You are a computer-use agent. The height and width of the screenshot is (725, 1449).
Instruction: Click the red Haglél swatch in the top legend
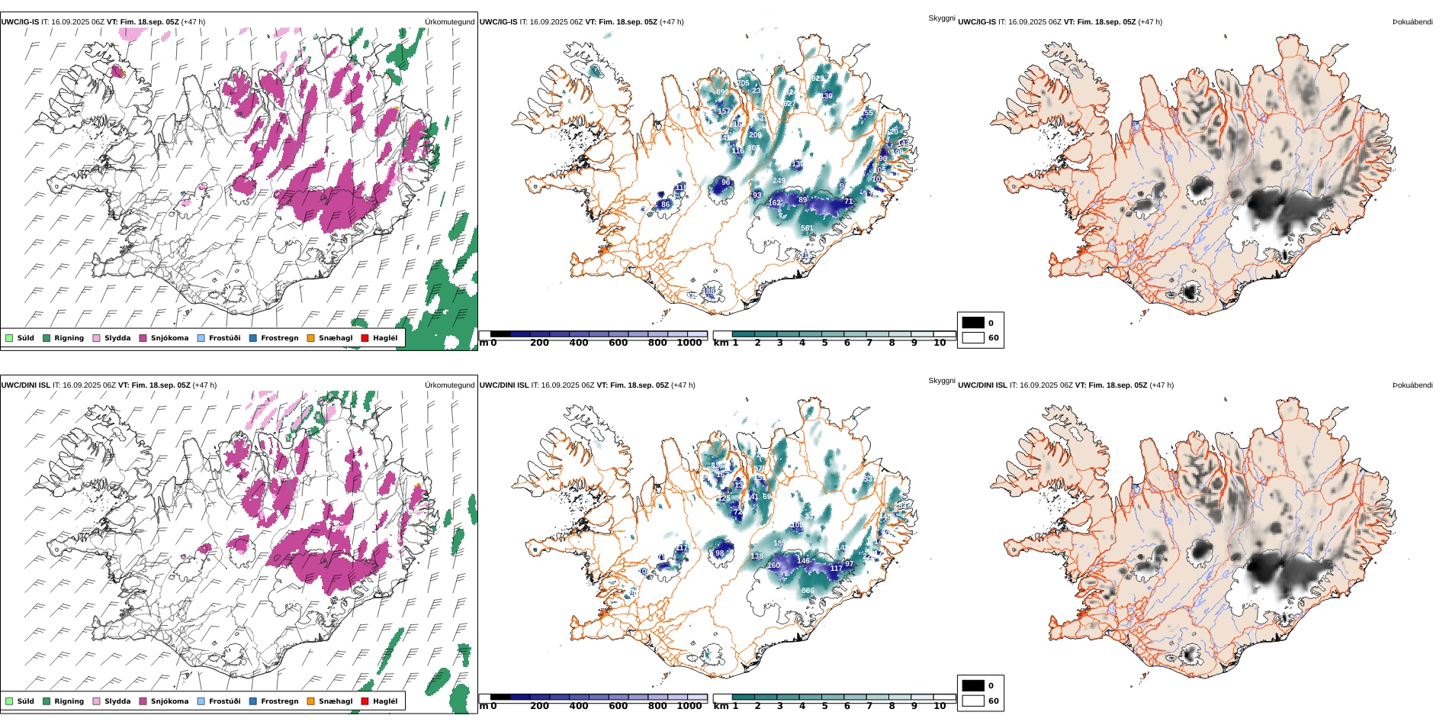pos(365,338)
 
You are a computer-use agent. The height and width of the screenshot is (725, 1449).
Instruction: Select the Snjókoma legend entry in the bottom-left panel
pos(169,701)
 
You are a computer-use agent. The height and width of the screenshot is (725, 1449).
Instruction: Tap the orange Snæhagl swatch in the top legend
pos(310,338)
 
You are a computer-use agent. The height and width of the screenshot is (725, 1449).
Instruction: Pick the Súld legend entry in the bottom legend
pos(25,701)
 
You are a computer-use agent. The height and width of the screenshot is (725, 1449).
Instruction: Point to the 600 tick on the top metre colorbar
pos(618,343)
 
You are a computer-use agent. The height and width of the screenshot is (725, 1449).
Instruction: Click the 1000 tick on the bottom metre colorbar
pos(689,706)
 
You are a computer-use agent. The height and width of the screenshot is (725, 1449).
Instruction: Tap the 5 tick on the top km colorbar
pos(824,343)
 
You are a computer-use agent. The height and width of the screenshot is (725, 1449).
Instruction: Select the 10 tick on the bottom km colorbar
pos(940,706)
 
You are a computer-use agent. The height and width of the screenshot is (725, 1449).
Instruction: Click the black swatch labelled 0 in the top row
pos(973,323)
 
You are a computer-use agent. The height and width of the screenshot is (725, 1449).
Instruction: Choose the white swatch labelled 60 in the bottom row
pos(973,701)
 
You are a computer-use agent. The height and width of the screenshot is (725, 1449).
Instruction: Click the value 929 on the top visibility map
pos(818,79)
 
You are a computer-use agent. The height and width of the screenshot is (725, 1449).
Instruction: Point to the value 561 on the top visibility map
pos(807,228)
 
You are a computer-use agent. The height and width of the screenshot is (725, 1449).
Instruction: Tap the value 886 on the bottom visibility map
pos(808,591)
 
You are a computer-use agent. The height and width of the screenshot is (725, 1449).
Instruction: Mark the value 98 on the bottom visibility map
pos(719,553)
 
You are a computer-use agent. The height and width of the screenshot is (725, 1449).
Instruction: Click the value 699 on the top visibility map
pos(722,92)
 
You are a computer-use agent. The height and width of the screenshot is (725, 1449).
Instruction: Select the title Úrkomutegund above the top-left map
pos(449,22)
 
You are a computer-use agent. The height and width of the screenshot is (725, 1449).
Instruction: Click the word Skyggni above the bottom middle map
pos(941,380)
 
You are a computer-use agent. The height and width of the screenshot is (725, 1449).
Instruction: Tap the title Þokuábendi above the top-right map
pos(1412,22)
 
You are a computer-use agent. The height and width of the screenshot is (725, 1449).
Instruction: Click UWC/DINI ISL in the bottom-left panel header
pos(25,385)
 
